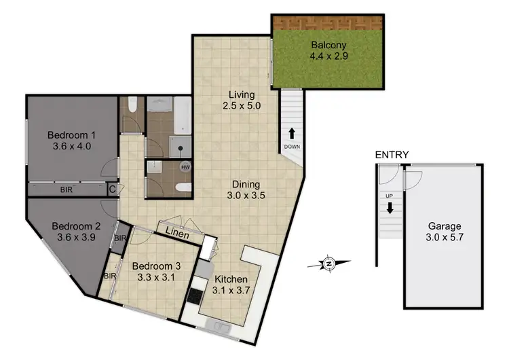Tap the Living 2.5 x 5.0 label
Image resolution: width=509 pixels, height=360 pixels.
click(241, 101)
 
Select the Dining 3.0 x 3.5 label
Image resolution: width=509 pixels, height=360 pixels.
click(247, 190)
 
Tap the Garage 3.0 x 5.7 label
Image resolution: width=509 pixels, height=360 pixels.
click(444, 232)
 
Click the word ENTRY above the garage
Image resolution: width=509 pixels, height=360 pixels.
click(392, 155)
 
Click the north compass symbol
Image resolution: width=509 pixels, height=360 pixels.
click(328, 262)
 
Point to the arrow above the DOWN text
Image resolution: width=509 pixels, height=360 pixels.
click(293, 134)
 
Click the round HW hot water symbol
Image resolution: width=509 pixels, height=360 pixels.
click(185, 166)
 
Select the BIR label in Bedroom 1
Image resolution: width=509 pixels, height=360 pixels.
click(67, 190)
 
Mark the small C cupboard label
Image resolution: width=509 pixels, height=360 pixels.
click(112, 190)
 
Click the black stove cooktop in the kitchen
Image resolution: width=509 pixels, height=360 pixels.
click(195, 296)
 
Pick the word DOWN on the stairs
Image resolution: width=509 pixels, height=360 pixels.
click(293, 147)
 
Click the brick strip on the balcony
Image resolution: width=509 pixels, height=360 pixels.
click(327, 22)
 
